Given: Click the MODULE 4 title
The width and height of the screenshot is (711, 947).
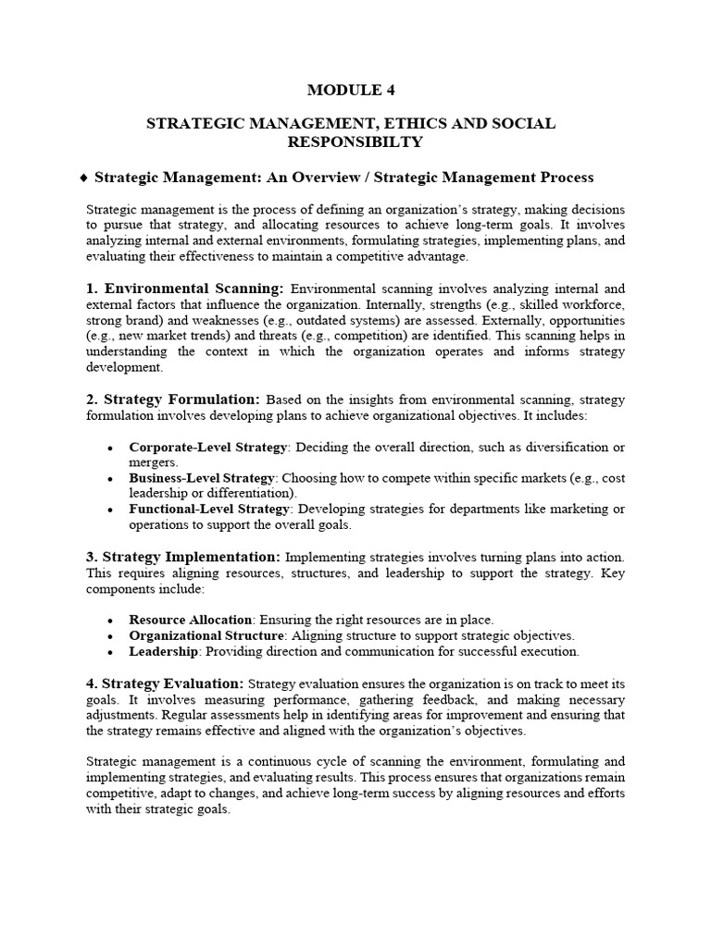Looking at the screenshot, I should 355,90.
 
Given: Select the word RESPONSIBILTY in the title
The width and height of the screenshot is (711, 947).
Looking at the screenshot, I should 355,142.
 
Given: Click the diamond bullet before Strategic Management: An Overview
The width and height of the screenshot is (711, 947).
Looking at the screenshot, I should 85,177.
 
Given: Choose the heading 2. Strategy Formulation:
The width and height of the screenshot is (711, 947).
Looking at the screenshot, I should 173,400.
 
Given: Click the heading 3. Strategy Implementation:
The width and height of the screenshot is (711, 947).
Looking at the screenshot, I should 183,557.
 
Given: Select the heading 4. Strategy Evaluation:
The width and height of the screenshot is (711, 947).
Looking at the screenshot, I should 165,683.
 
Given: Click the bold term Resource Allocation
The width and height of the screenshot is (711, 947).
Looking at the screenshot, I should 190,620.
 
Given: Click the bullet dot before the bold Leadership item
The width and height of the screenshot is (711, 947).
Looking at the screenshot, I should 110,652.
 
